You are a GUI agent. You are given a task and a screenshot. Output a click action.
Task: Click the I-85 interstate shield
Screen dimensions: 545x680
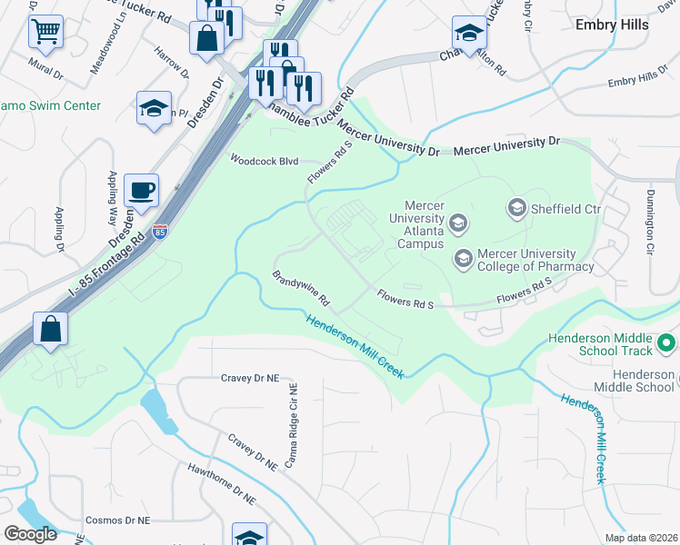coord(160,233)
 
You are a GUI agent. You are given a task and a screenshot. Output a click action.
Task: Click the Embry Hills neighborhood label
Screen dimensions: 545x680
coord(612,25)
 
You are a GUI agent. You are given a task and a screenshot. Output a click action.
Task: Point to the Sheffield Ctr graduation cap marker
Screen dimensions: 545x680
coord(517,209)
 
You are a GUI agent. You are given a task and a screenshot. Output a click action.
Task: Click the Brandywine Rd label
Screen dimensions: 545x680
coord(300,289)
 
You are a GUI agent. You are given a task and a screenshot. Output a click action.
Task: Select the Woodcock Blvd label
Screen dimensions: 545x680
coord(265,161)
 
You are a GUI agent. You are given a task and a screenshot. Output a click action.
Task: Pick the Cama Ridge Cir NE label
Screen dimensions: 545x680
coord(293,424)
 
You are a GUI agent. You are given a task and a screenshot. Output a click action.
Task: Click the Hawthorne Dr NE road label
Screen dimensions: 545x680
coord(221,486)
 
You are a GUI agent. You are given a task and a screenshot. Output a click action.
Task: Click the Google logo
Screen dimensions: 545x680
coord(30,534)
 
